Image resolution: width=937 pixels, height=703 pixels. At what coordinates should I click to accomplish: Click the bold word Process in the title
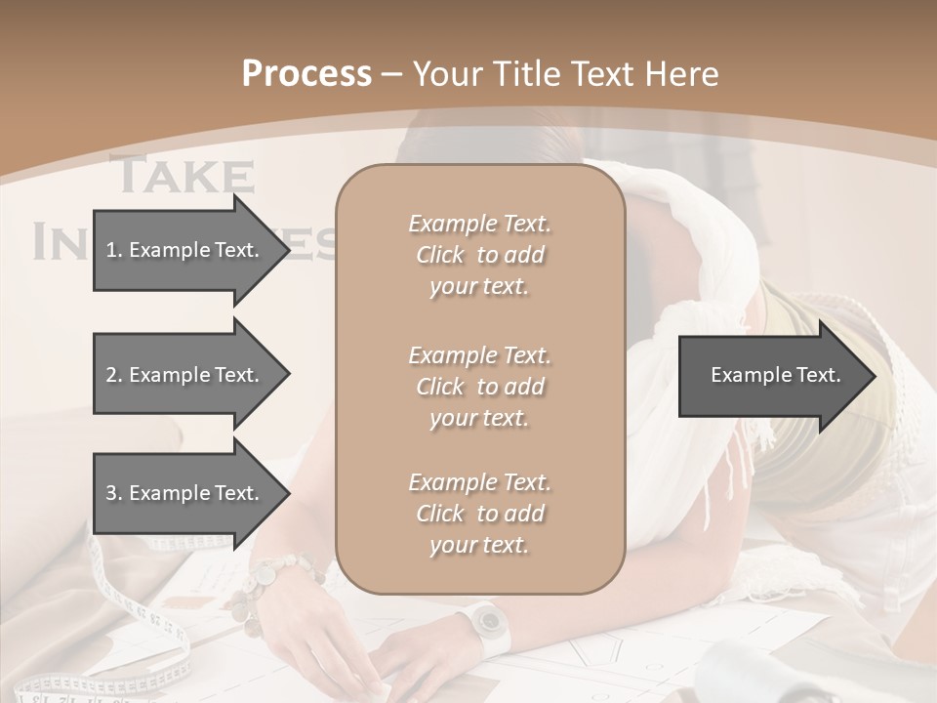point(306,74)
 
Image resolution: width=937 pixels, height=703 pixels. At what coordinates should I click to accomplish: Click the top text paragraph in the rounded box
point(479,255)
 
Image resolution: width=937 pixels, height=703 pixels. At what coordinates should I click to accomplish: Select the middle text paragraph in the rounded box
point(479,387)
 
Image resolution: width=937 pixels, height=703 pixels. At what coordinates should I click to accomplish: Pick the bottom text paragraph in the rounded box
point(479,514)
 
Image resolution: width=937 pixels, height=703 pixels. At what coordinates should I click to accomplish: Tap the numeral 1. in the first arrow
point(113,250)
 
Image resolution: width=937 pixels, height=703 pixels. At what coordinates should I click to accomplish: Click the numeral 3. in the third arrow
point(113,493)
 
